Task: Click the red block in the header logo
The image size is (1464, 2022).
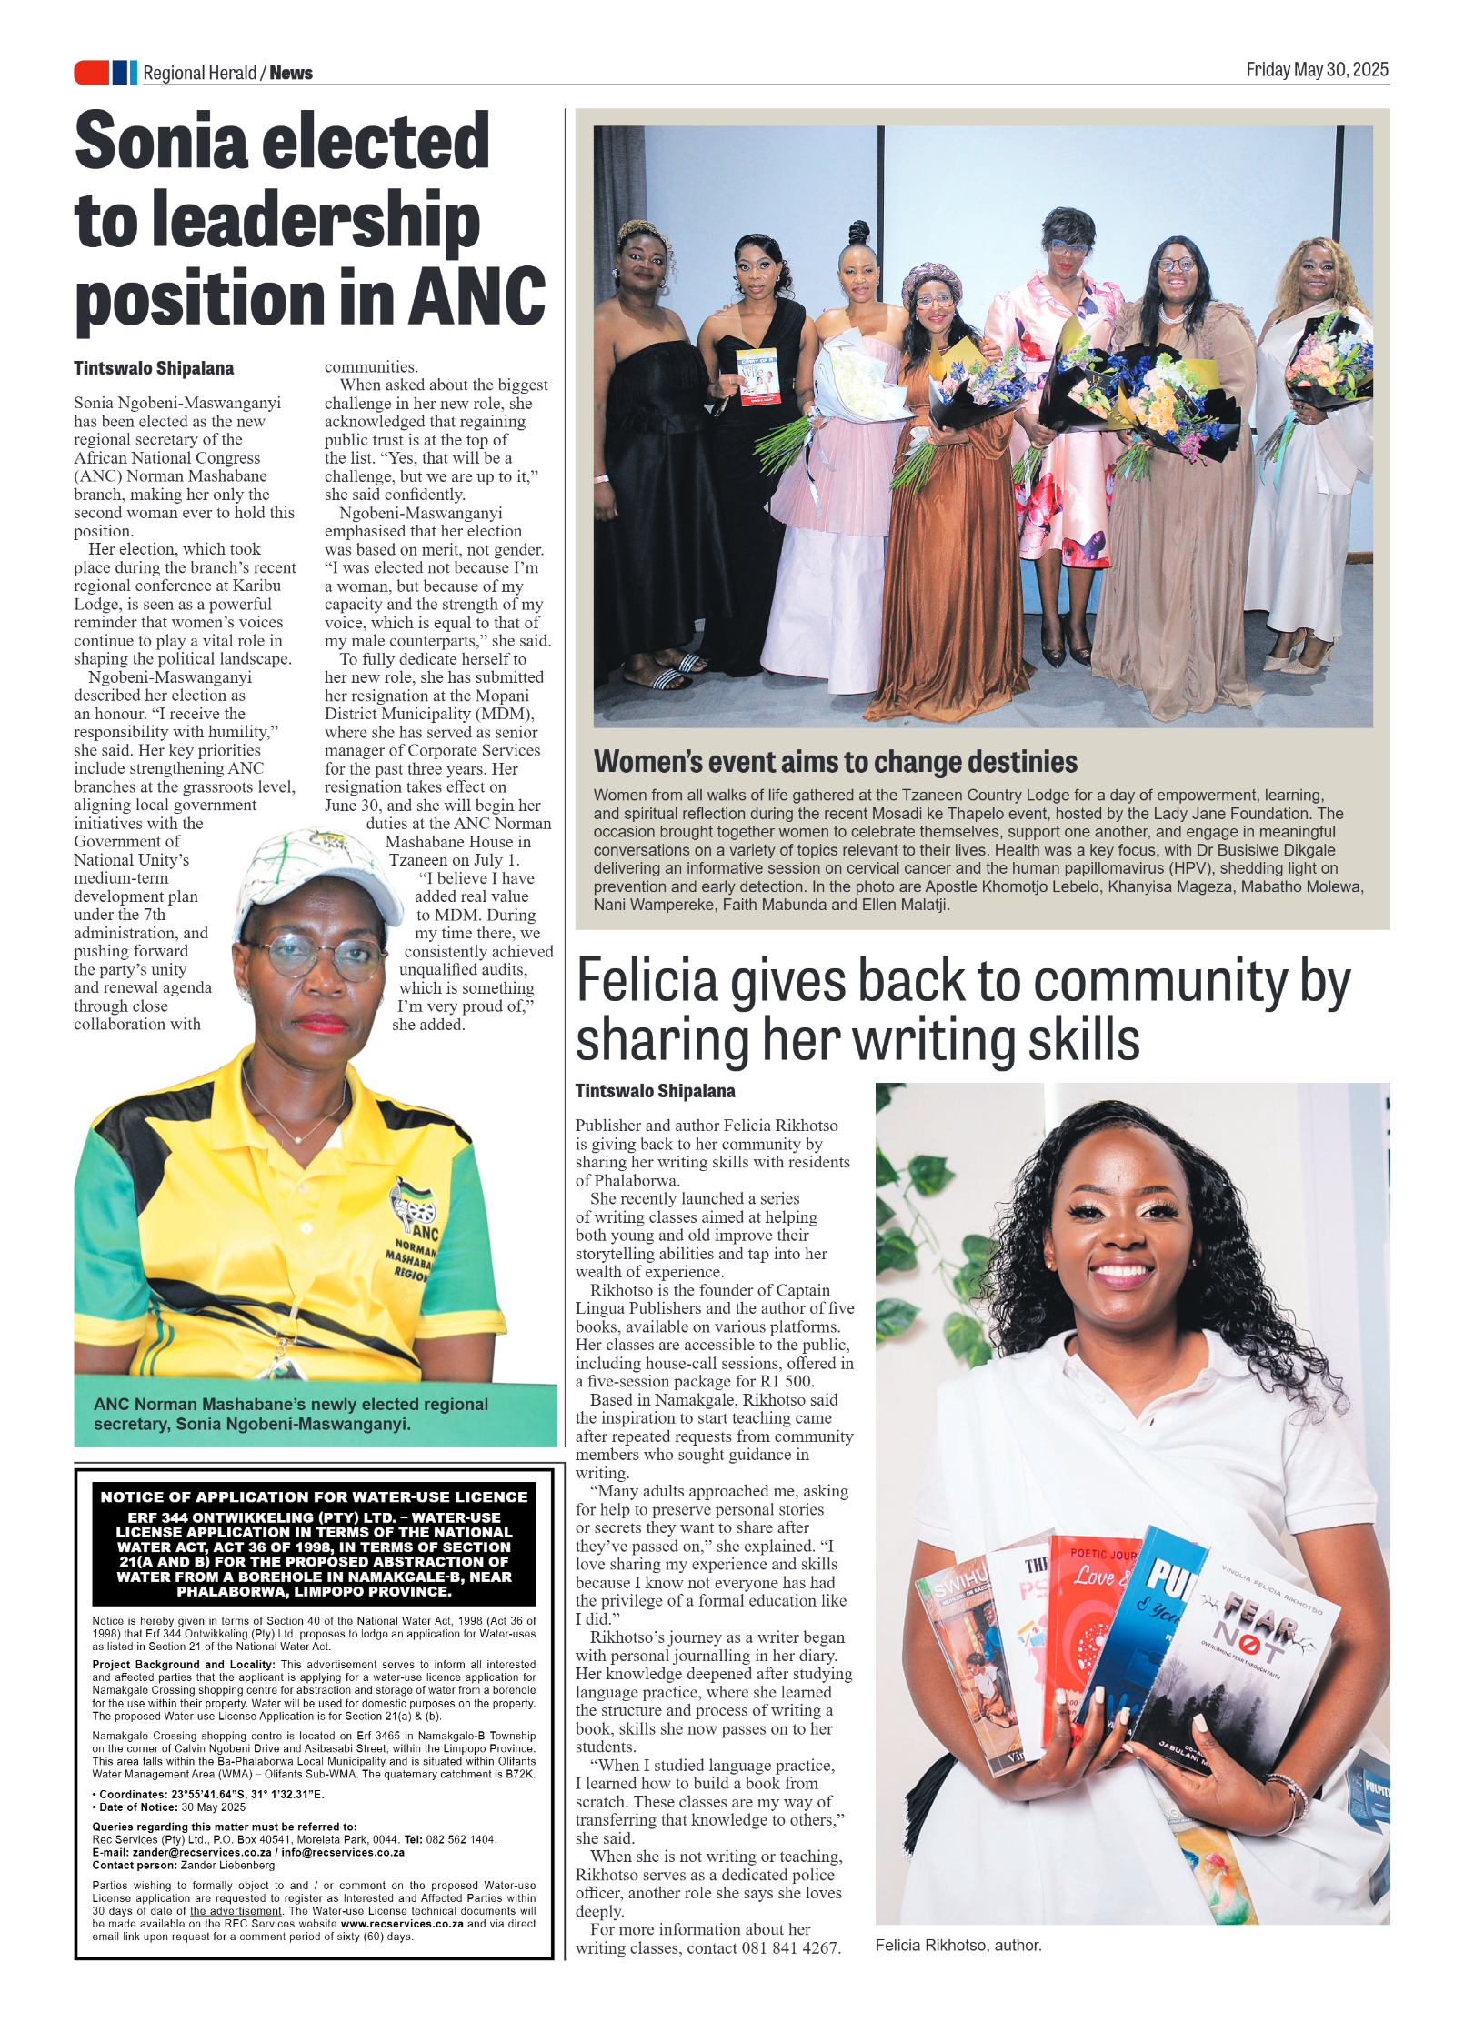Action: (91, 73)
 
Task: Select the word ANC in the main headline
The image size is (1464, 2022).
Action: (477, 298)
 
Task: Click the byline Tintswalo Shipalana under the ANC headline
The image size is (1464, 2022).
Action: (154, 368)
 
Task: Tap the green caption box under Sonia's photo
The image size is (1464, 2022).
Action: (314, 1414)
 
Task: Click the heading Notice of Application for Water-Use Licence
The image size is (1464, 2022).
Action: (314, 1496)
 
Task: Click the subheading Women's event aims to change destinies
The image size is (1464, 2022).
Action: (835, 762)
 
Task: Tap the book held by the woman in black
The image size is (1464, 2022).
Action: (757, 375)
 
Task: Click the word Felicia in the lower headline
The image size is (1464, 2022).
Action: (647, 983)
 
